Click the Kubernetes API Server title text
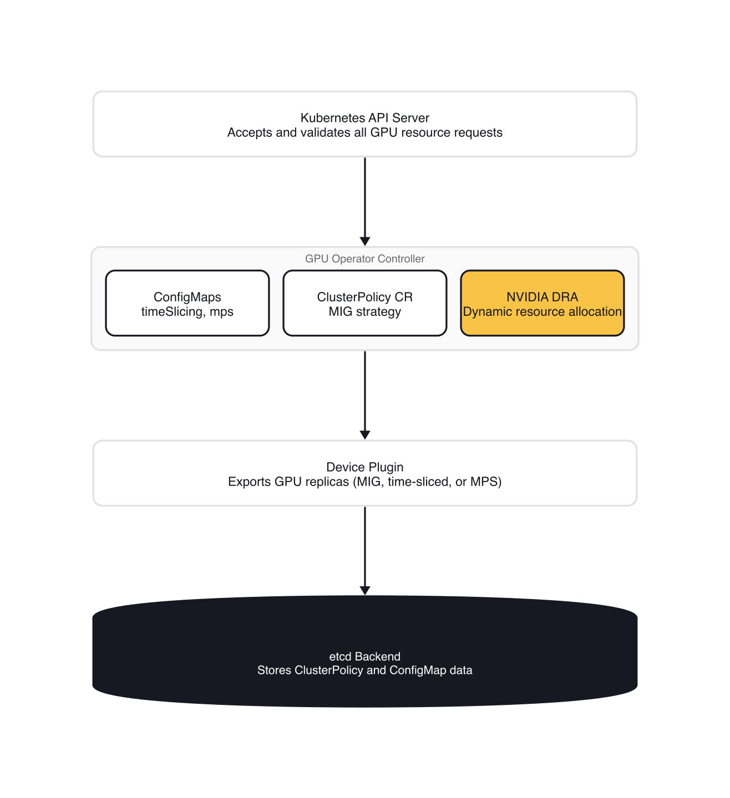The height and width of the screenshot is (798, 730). coord(364,118)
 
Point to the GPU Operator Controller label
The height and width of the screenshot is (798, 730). coord(364,259)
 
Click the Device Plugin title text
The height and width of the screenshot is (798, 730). coord(364,467)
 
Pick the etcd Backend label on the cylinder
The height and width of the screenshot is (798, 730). coord(364,657)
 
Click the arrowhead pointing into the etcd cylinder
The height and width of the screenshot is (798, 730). coord(364,591)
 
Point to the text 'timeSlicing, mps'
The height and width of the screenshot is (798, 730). coord(187,312)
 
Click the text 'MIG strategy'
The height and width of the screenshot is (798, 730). coord(364,312)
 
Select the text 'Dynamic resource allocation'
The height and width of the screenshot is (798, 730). coord(542,312)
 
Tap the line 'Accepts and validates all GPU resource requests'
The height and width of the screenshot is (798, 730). coord(364,133)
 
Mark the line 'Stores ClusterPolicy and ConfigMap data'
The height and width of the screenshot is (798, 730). coord(364,671)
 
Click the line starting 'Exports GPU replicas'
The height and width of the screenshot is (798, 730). coord(364,482)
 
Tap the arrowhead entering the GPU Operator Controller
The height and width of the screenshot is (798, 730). coord(364,242)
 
